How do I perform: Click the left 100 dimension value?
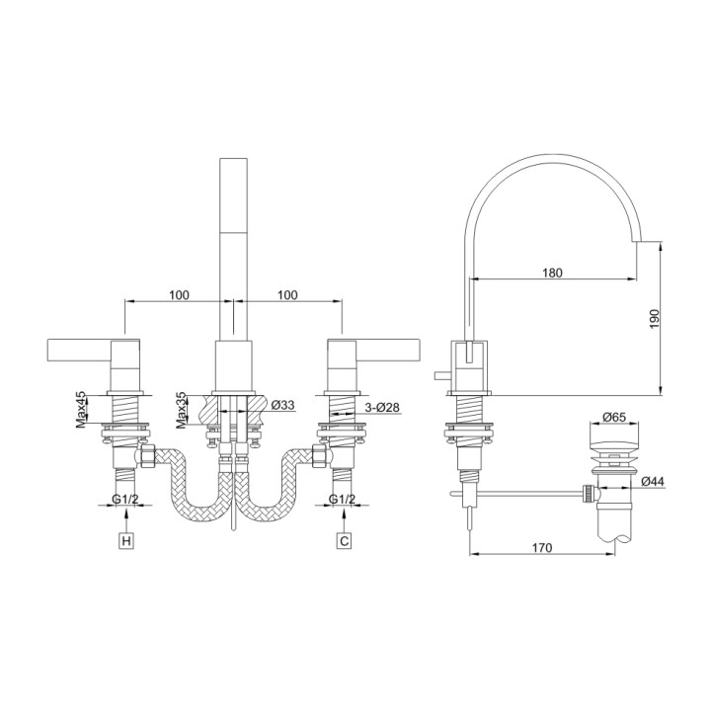[179, 295]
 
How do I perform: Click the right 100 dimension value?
[287, 295]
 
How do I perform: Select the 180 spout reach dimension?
[552, 273]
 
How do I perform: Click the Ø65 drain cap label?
[613, 418]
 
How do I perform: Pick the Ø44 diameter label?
[652, 482]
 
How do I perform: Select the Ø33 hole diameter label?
[283, 406]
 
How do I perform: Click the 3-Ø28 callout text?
[382, 406]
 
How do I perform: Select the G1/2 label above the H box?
[124, 499]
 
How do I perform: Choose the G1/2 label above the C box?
[342, 499]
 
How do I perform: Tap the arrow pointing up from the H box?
[125, 521]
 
